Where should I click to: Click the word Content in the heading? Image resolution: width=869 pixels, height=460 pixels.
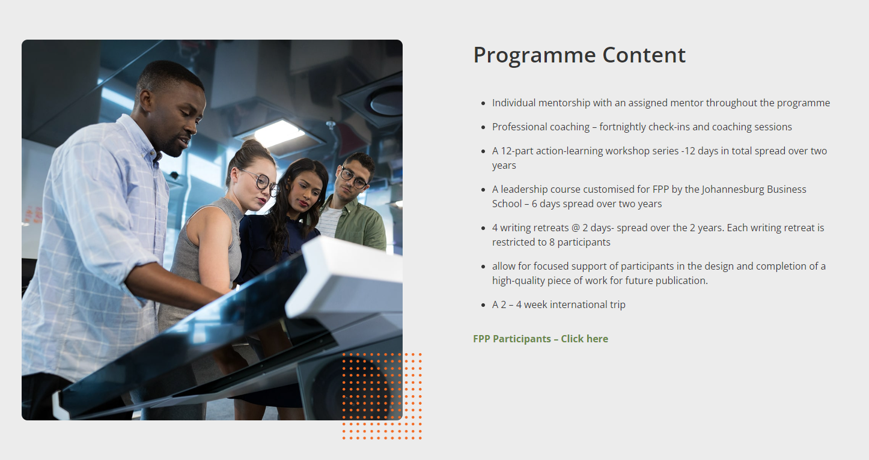(644, 55)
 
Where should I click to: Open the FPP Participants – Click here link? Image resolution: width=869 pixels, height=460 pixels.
(540, 339)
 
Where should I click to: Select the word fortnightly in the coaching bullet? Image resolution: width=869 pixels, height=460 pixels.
(622, 127)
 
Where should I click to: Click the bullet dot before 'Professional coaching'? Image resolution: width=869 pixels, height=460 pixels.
(483, 127)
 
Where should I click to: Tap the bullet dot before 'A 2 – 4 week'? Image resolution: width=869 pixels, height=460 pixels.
(483, 305)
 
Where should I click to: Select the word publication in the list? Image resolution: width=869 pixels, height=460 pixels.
(681, 281)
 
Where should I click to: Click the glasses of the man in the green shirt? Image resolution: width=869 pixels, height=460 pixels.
(353, 178)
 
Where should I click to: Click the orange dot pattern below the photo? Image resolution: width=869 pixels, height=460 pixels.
(382, 396)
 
